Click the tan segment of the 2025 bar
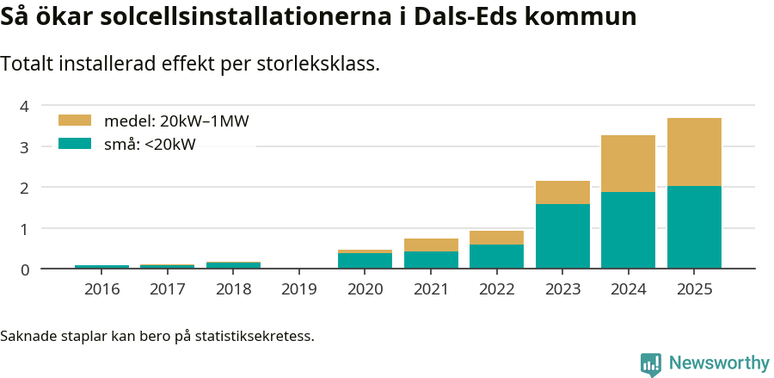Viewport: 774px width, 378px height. click(694, 152)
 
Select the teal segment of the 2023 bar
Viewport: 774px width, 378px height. click(562, 236)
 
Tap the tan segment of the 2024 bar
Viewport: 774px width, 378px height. click(628, 164)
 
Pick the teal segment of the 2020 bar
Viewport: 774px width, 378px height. click(365, 260)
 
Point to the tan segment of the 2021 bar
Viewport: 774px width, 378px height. click(431, 245)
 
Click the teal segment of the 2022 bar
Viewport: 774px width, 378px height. click(496, 257)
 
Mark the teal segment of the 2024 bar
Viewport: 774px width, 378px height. click(628, 230)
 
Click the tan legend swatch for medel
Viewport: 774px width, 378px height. click(74, 121)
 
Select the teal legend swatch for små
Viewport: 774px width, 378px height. click(74, 144)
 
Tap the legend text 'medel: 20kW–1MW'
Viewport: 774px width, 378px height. click(176, 121)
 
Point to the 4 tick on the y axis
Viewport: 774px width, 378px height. click(25, 106)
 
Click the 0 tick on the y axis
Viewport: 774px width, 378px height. click(25, 270)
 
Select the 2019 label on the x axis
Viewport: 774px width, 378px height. click(299, 289)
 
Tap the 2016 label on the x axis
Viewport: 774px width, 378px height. click(101, 289)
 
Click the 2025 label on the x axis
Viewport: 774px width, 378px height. click(694, 289)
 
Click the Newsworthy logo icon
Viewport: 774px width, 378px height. click(651, 363)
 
